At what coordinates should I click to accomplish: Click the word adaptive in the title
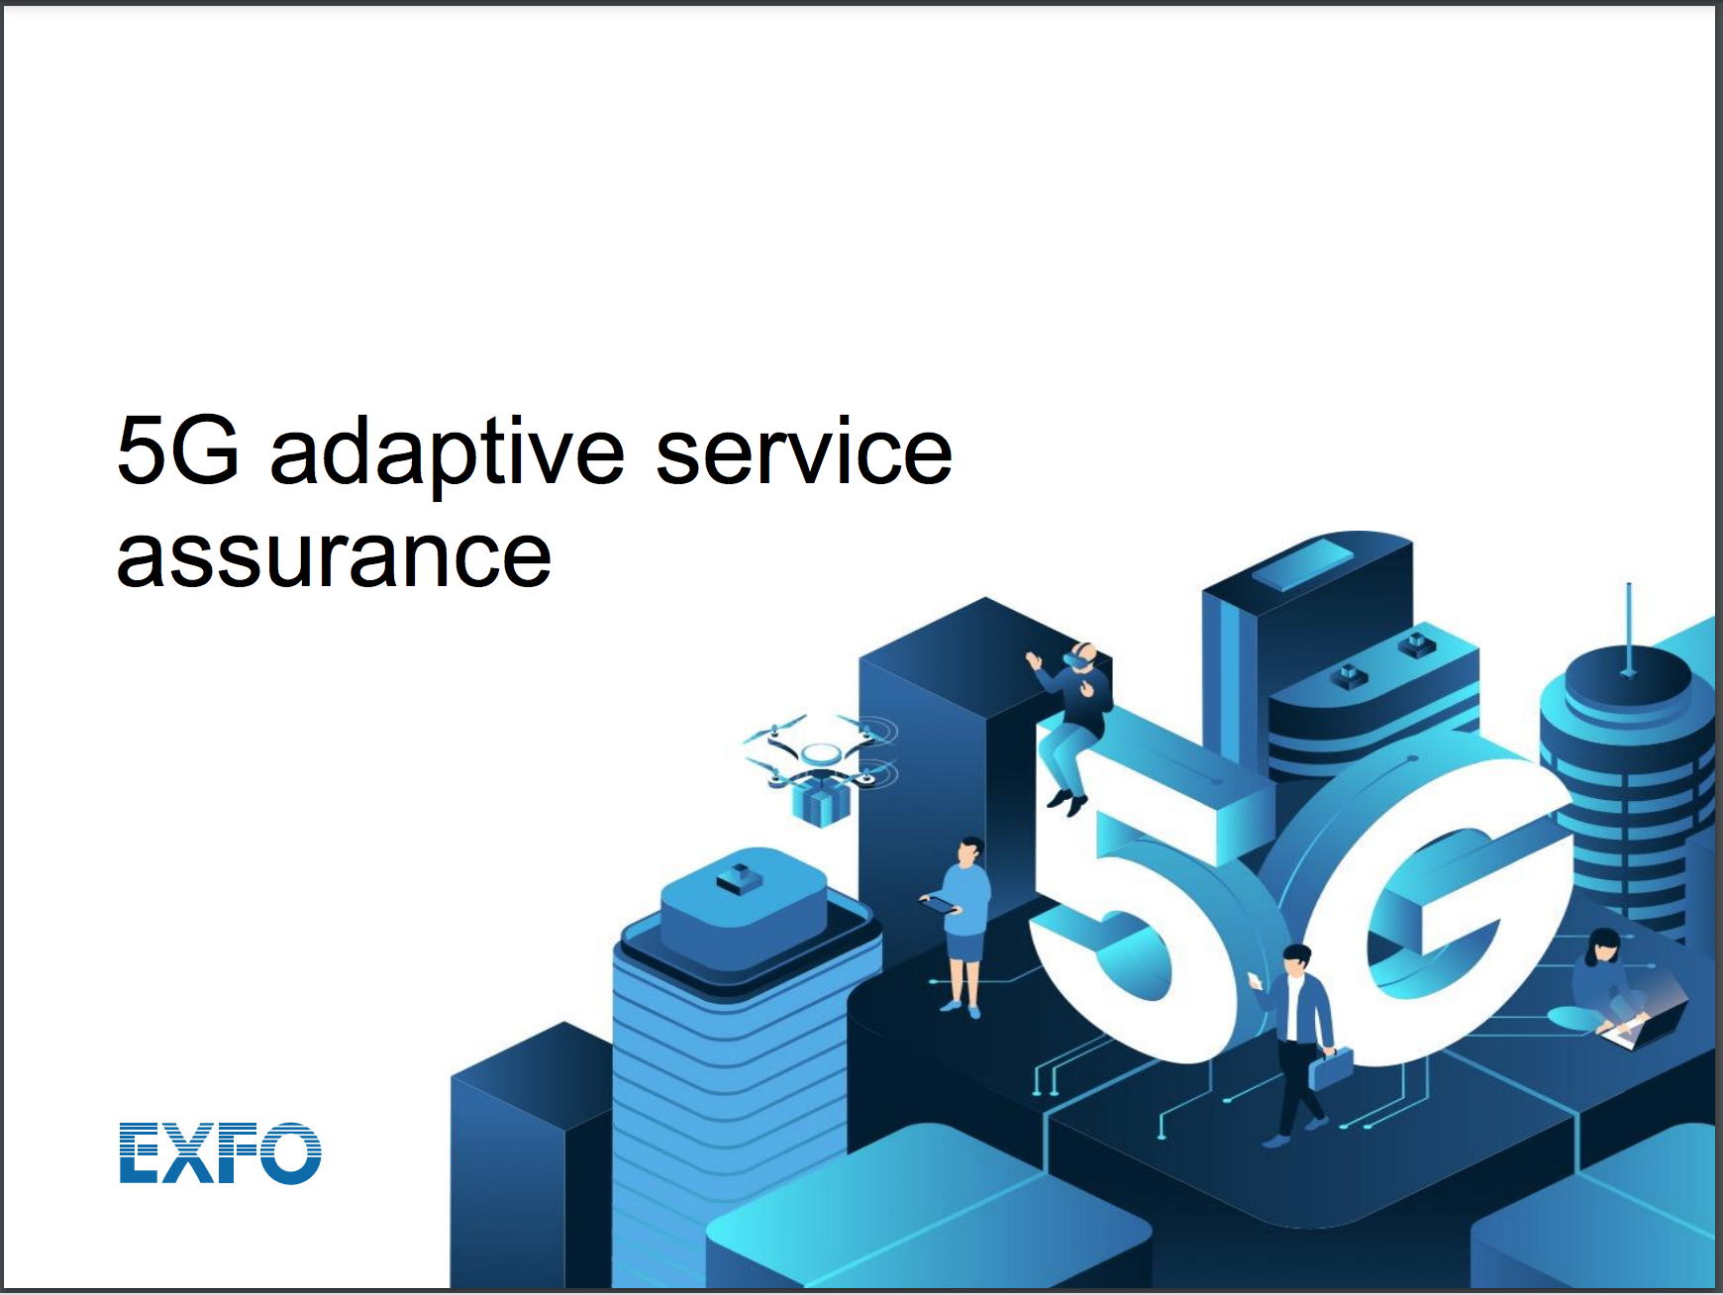coord(446,453)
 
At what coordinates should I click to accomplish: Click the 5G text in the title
coord(178,451)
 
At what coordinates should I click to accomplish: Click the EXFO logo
coord(220,1152)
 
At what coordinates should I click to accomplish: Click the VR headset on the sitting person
coord(1079,656)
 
